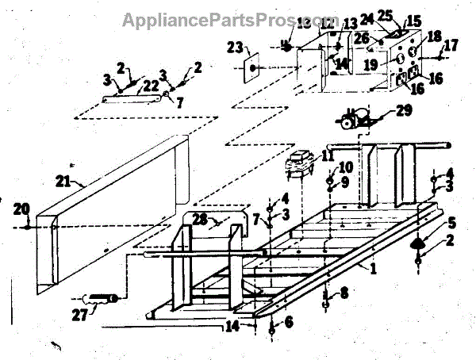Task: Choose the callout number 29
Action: click(x=404, y=111)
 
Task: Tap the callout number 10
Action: click(x=346, y=167)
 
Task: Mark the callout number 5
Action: click(x=451, y=222)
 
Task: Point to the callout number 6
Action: click(x=288, y=322)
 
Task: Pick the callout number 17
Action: click(x=451, y=46)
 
